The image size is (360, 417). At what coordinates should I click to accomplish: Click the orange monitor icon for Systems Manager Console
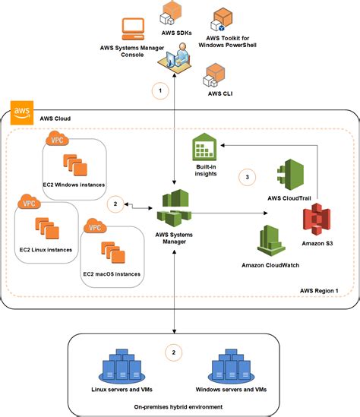click(x=134, y=29)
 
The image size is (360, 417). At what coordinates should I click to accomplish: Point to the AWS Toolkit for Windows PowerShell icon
click(x=223, y=17)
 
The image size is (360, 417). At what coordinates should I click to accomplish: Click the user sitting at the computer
click(x=178, y=57)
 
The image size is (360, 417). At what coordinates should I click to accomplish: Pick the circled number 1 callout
click(x=159, y=91)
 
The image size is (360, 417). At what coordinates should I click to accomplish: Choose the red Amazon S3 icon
click(x=314, y=220)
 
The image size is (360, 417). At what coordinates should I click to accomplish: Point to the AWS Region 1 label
click(x=320, y=292)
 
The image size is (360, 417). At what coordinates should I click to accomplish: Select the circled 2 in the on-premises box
click(x=173, y=352)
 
